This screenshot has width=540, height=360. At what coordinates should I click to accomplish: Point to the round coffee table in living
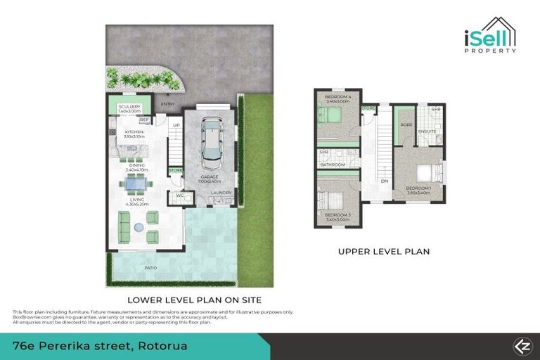click(139, 227)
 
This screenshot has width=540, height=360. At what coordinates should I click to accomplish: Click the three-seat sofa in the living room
click(124, 226)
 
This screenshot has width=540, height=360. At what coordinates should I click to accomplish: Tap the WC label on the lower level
click(180, 195)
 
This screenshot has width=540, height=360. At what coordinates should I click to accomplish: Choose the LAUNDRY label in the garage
click(221, 192)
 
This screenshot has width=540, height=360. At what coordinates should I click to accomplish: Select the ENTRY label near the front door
click(167, 105)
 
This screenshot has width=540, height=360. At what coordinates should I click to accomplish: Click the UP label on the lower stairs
click(177, 126)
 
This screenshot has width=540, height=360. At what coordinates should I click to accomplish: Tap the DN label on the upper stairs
click(385, 181)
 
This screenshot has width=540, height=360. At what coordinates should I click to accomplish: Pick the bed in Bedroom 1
click(425, 173)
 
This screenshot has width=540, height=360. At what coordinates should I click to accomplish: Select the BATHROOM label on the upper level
click(333, 165)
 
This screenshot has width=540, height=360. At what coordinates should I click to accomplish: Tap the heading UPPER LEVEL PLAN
click(383, 251)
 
